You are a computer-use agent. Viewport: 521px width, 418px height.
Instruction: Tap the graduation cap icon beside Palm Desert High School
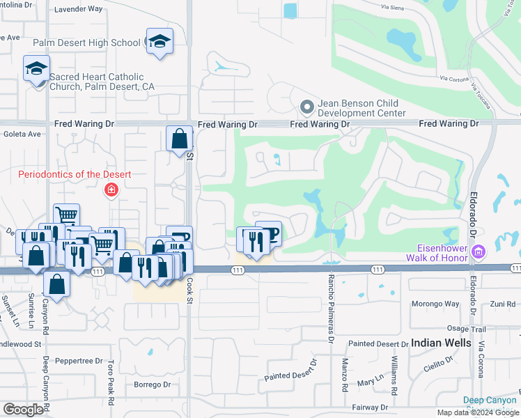pos(160,40)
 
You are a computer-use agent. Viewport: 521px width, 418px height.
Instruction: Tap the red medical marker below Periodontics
pos(110,189)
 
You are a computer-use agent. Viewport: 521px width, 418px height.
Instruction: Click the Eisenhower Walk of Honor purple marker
pos(478,251)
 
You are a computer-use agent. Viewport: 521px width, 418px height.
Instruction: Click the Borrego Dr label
pos(152,385)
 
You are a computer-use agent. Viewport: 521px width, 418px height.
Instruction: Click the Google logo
pos(23,410)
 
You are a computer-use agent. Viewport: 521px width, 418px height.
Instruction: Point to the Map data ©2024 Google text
pos(477,412)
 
